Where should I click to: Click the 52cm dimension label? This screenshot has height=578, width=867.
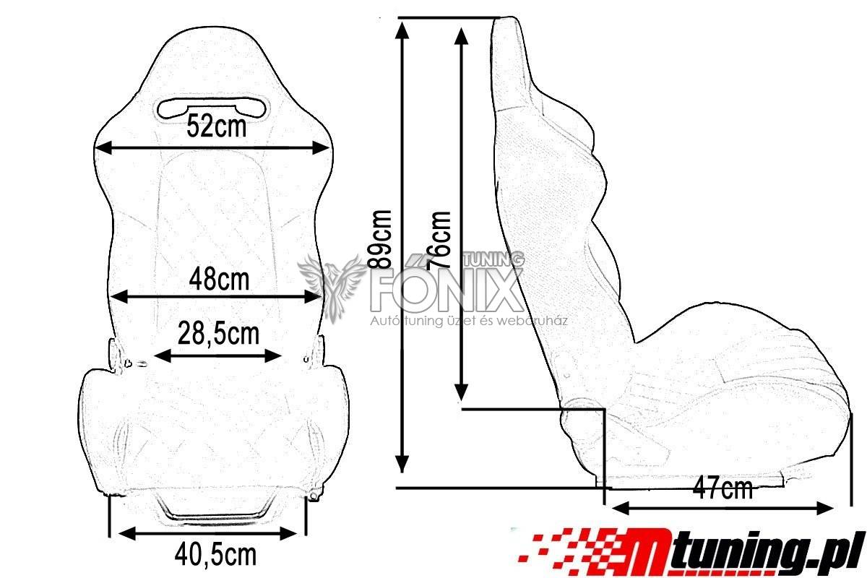click(x=216, y=126)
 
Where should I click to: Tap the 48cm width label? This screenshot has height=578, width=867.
click(x=219, y=280)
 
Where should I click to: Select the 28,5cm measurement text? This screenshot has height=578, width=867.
click(x=218, y=334)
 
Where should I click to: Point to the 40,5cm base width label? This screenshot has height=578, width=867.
click(x=215, y=555)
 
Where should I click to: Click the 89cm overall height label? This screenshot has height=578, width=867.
click(x=380, y=240)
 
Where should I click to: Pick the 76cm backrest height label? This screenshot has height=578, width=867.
click(x=439, y=240)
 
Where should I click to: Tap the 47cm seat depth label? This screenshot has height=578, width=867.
click(x=722, y=489)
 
